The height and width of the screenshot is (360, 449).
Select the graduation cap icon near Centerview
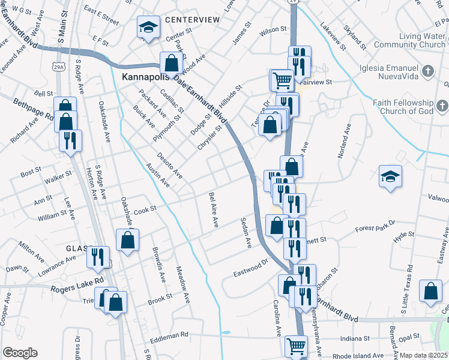pyautogui.click(x=148, y=27)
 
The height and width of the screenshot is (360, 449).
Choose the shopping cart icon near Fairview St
pyautogui.click(x=281, y=79)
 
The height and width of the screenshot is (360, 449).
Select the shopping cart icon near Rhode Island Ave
pyautogui.click(x=295, y=346)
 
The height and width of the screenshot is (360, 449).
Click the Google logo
pyautogui.click(x=20, y=353)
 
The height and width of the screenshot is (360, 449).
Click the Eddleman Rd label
pyautogui.click(x=170, y=335)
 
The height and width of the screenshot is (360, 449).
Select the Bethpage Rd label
pyautogui.click(x=34, y=109)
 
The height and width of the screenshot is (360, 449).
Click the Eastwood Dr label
pyautogui.click(x=250, y=269)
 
